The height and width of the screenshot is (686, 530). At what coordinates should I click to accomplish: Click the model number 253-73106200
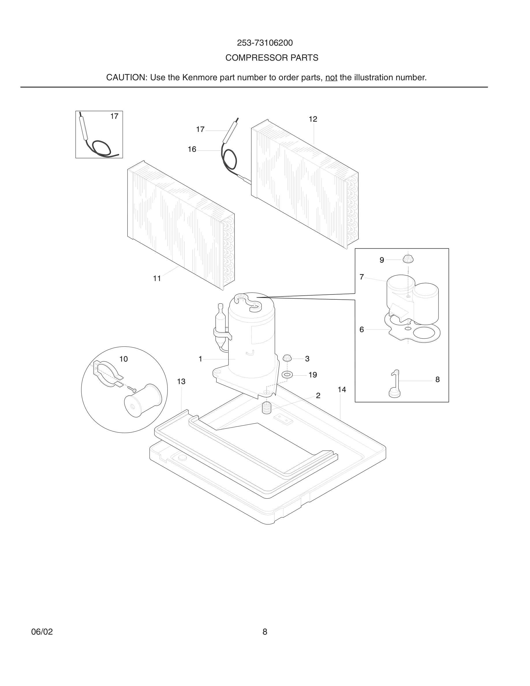click(265, 43)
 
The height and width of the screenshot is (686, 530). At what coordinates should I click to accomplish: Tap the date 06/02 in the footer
click(42, 632)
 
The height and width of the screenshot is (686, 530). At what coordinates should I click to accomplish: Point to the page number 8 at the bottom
click(265, 632)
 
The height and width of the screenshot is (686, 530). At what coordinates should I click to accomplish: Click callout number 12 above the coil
click(313, 119)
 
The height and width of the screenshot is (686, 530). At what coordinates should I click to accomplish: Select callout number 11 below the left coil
click(157, 278)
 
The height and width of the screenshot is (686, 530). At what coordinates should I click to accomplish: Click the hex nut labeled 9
click(408, 260)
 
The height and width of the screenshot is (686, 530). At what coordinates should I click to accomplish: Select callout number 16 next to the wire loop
click(192, 150)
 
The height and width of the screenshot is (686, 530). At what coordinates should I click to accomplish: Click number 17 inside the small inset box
click(114, 117)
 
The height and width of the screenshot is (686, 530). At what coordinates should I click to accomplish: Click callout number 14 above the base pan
click(341, 389)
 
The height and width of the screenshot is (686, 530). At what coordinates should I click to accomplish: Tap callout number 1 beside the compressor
click(200, 359)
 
